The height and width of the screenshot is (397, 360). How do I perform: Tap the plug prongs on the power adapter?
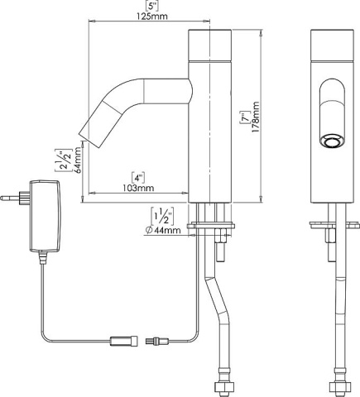tap(12, 199)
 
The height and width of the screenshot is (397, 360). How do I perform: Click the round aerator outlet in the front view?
tap(331, 141)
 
